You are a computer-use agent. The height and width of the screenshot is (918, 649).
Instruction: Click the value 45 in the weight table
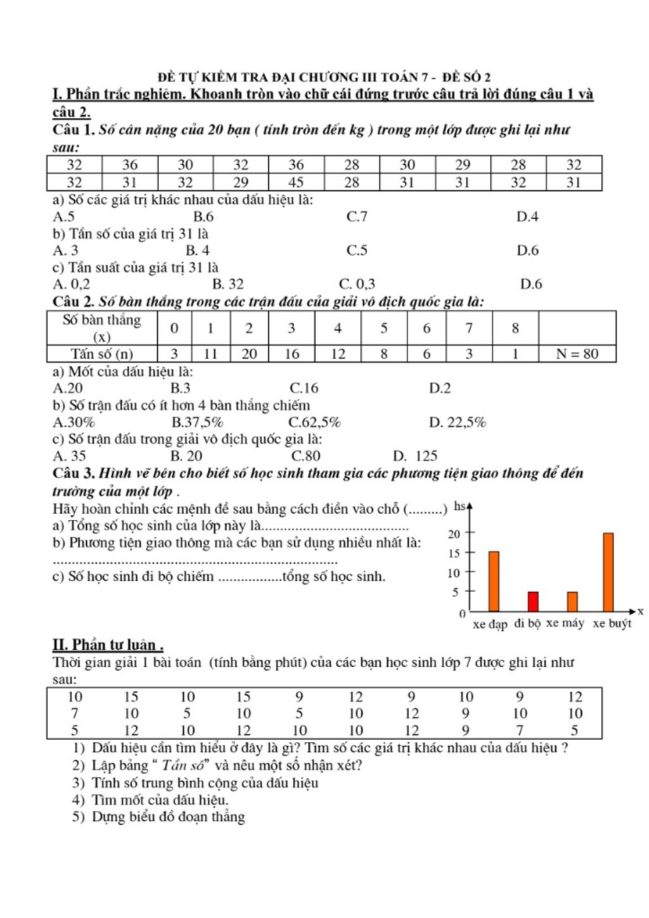296,183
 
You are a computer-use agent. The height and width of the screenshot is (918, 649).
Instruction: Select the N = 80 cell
577,354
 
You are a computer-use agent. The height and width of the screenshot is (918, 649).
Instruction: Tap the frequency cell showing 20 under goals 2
249,354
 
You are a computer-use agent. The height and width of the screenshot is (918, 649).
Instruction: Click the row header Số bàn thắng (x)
102,328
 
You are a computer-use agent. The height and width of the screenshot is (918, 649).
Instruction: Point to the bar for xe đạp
494,581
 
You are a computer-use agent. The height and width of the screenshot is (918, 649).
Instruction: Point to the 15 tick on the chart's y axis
454,553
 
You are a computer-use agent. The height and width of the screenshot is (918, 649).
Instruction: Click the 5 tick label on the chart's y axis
455,593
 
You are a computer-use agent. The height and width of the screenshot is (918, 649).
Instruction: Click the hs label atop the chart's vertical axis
459,507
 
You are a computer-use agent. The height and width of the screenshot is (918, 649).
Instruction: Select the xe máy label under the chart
565,623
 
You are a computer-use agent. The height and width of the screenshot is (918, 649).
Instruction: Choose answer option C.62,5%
314,422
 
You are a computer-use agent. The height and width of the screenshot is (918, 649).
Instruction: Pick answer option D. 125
415,456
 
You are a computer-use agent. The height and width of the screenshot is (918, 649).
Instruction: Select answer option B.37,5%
197,422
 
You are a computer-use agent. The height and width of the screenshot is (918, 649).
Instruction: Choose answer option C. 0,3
357,284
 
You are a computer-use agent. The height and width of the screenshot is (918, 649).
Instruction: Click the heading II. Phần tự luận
108,645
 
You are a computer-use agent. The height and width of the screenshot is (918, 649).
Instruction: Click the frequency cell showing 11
210,354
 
